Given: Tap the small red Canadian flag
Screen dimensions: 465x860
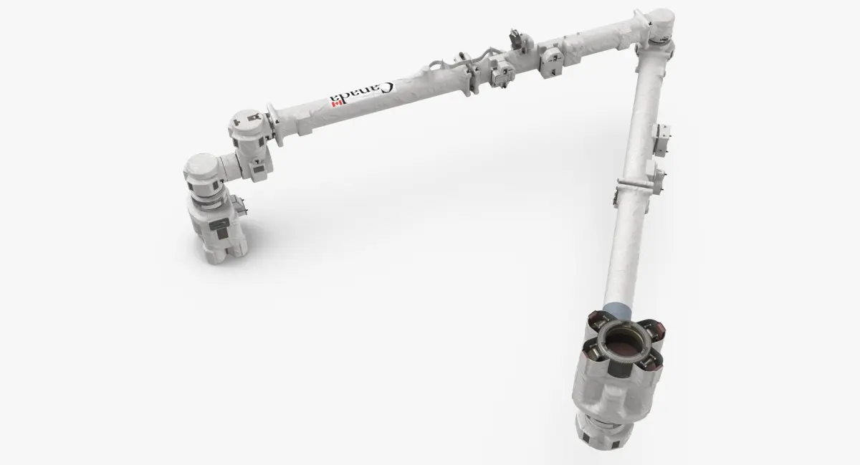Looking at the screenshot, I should coord(333,102).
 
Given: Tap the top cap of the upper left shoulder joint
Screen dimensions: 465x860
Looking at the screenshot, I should coord(247,118).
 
